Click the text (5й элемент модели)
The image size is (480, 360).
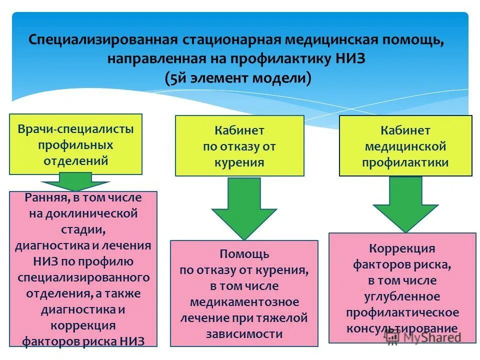[x=237, y=78]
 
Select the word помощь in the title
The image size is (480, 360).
[x=415, y=39]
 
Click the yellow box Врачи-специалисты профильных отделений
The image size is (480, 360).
[x=75, y=144]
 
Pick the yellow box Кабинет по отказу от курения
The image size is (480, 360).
[x=239, y=145]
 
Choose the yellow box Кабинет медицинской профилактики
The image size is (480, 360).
[x=405, y=146]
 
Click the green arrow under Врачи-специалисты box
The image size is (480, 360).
[x=75, y=181]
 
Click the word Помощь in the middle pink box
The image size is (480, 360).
[x=244, y=254]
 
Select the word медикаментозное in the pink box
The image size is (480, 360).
[x=244, y=302]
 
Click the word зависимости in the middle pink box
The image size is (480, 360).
[x=244, y=334]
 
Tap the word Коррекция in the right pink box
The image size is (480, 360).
[x=402, y=248]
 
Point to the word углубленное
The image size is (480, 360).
[x=402, y=296]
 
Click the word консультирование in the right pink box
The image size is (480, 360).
[x=402, y=328]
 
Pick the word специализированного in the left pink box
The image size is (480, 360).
[x=83, y=277]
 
